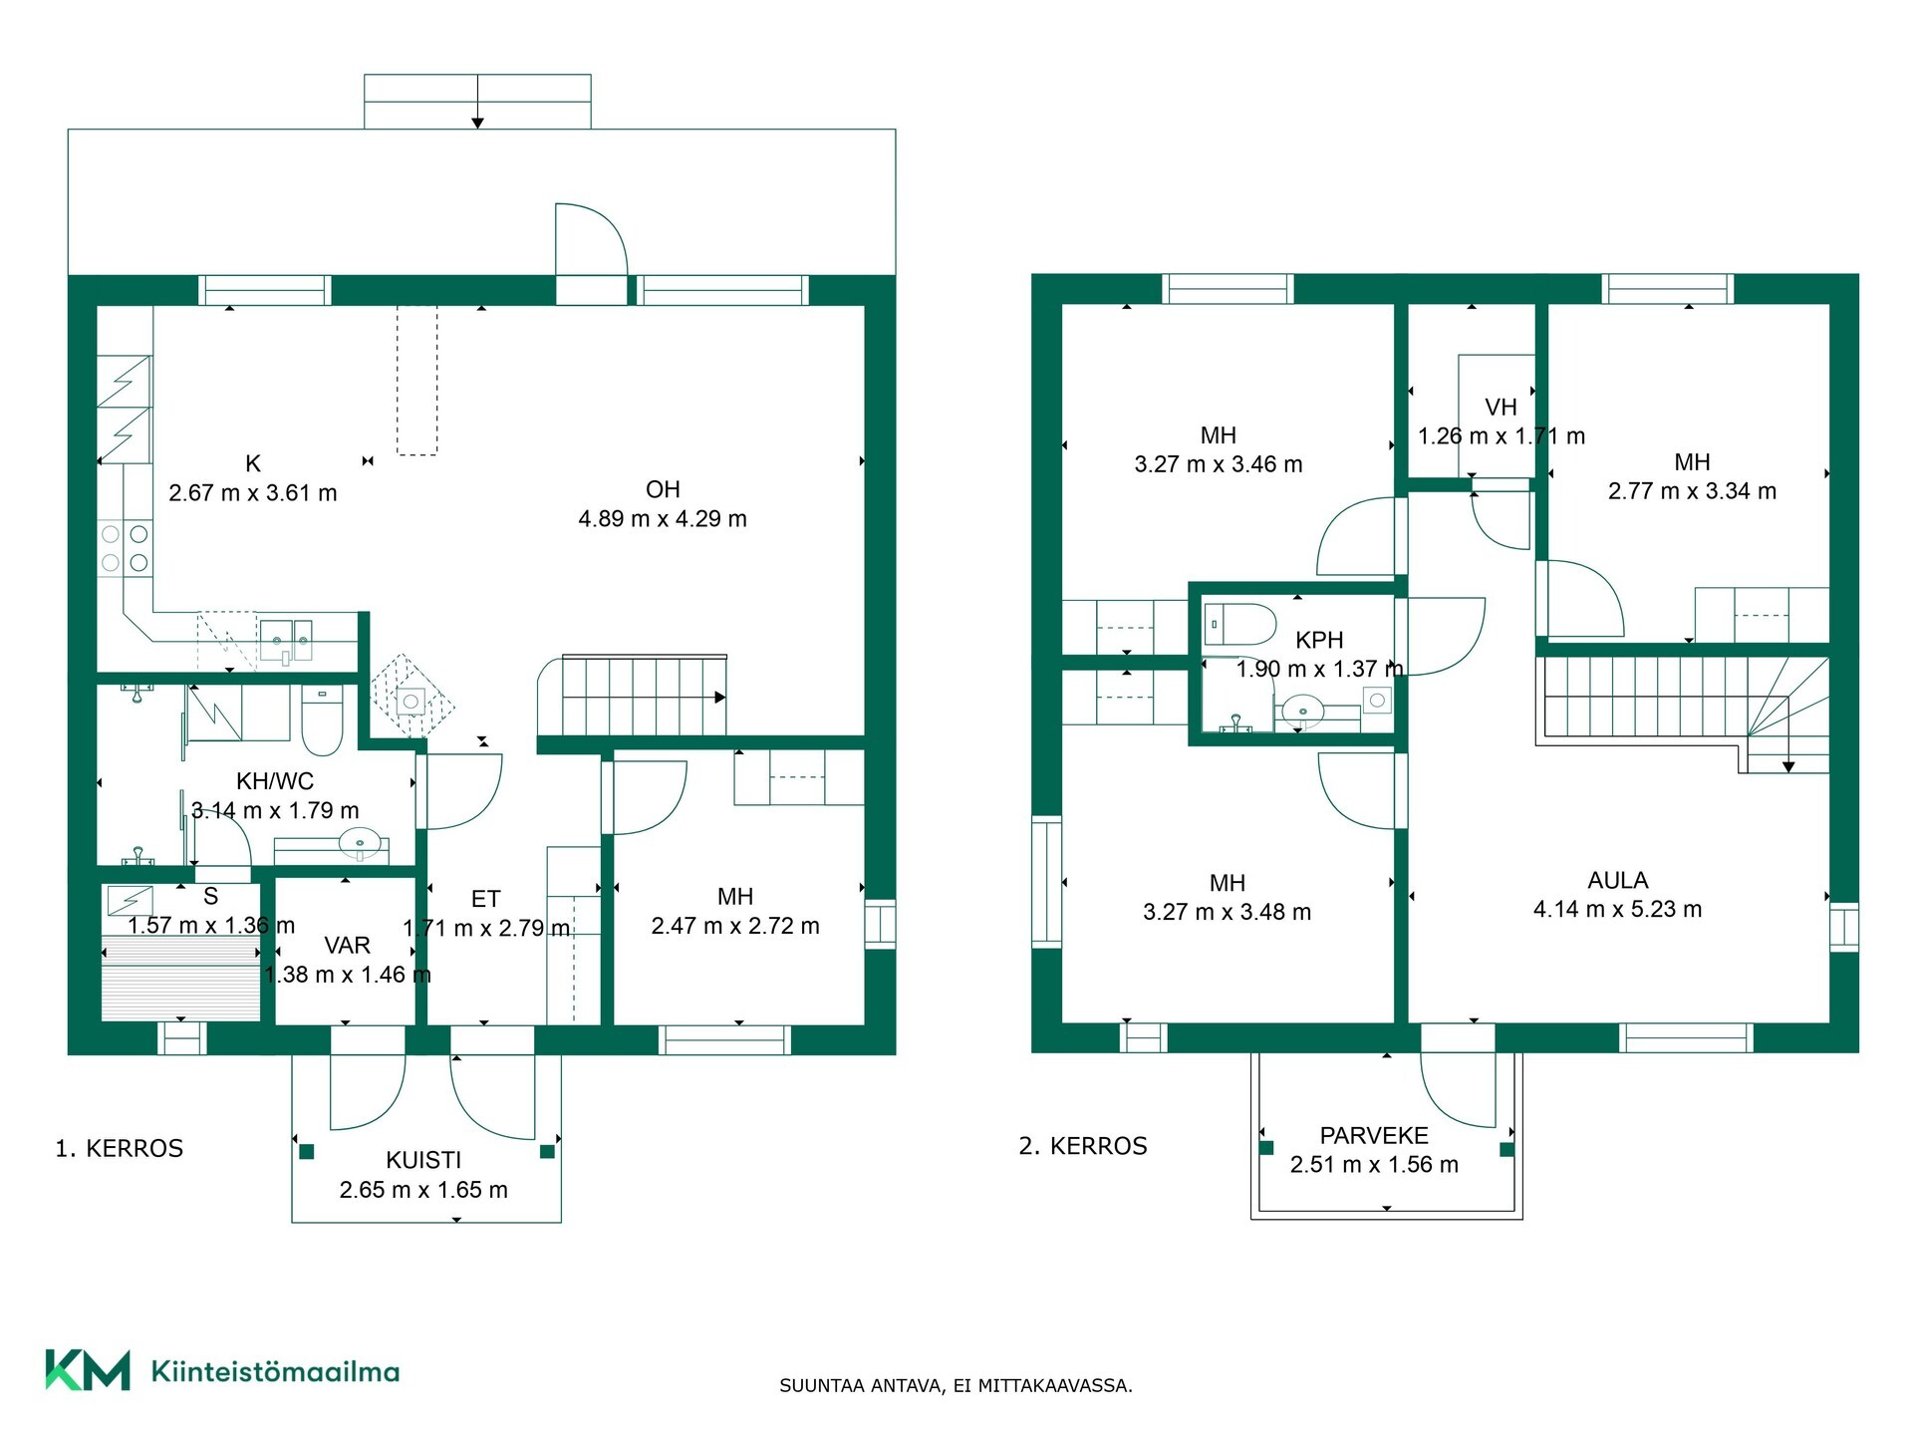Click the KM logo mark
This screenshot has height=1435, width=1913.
[88, 1370]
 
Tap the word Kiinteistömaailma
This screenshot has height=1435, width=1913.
[275, 1371]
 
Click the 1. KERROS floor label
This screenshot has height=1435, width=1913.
[120, 1148]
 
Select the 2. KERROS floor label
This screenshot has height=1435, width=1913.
[1083, 1146]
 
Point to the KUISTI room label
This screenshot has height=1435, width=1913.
[423, 1160]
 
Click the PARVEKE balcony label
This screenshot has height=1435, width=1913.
[1374, 1135]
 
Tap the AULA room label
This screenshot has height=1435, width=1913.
[1618, 880]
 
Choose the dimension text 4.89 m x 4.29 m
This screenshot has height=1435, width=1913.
[663, 518]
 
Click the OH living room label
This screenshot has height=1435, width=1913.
[663, 489]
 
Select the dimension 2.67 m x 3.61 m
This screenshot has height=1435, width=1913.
[253, 492]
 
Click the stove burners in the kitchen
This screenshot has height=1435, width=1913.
[125, 548]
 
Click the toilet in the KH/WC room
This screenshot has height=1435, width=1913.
[322, 720]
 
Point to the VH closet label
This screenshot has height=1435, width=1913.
[1501, 407]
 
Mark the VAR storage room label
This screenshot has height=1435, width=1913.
[347, 945]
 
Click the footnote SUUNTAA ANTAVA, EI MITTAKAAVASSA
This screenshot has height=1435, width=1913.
[956, 1385]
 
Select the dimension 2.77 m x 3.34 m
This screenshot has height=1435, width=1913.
[1692, 490]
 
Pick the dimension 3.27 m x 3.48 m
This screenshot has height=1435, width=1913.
[1227, 912]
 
